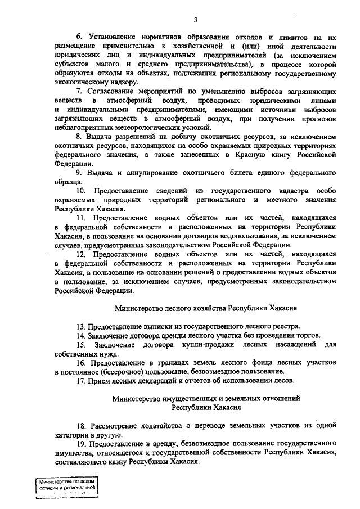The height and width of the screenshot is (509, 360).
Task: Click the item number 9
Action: pos(79,172)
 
